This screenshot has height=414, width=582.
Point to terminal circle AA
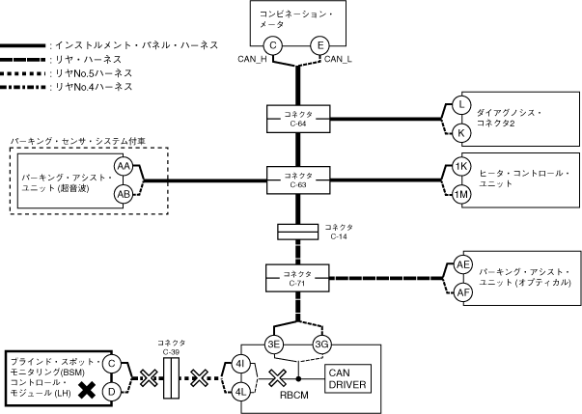click(x=125, y=166)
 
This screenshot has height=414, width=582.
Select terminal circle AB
click(x=125, y=193)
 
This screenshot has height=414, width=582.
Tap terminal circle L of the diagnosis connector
click(x=461, y=104)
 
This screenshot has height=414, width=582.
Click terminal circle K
click(x=461, y=131)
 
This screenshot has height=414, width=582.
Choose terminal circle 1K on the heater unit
click(x=461, y=167)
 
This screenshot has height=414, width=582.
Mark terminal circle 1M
click(x=461, y=194)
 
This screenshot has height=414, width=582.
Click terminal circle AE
click(x=462, y=265)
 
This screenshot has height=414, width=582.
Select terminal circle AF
click(x=462, y=292)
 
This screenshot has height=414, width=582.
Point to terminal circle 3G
click(x=320, y=344)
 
